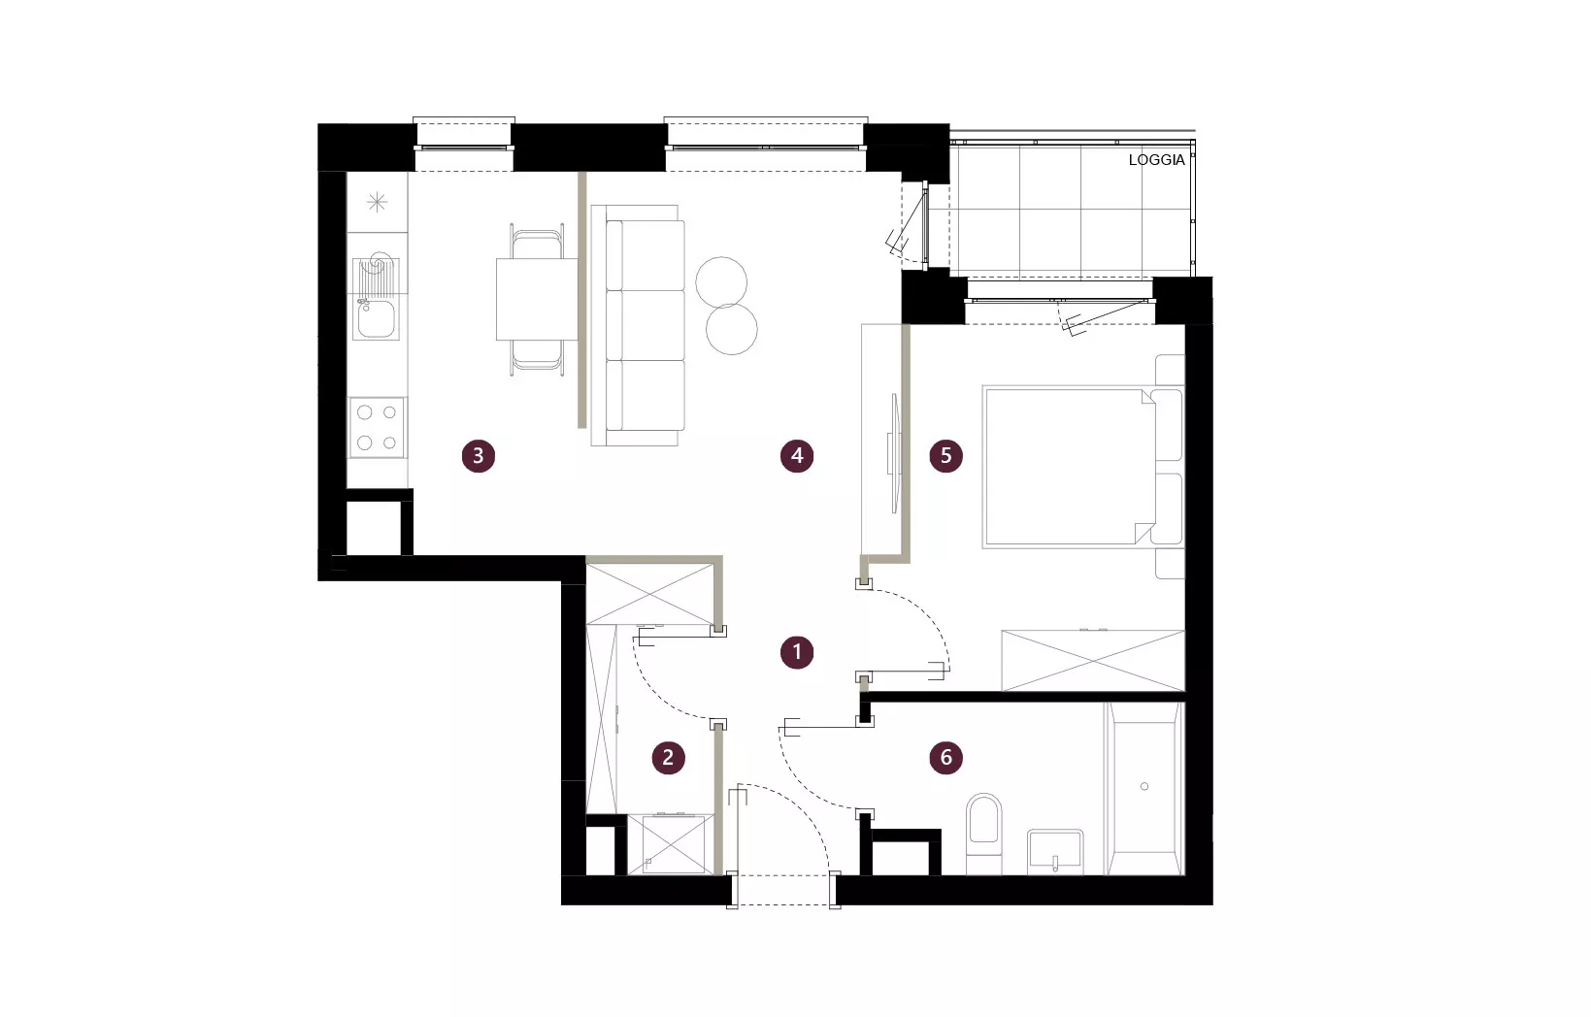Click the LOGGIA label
point(1156,160)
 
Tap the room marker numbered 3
point(478,456)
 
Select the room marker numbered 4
point(797,456)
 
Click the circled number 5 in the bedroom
point(946,456)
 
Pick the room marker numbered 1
point(797,653)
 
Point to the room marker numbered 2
point(669,758)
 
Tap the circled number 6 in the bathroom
point(946,758)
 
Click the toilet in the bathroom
point(984,834)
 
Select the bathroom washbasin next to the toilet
point(1055,851)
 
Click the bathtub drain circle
point(1144,786)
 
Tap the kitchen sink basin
point(377,319)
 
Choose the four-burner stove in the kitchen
point(378,428)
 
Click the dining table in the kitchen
point(537,300)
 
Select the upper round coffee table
point(721,282)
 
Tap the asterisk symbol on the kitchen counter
point(378,203)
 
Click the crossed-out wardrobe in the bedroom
point(1093,661)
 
